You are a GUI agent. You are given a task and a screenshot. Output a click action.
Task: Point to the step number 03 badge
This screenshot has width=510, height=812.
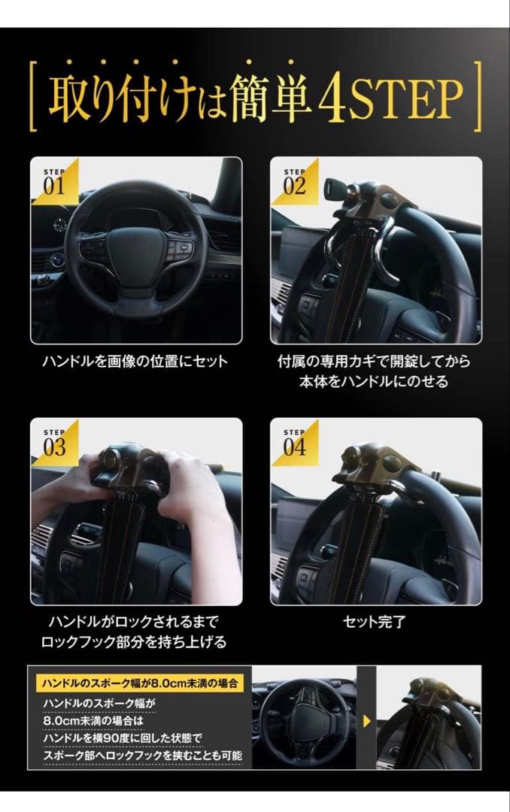(54, 444)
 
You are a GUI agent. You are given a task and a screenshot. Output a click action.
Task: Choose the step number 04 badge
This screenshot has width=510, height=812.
(294, 444)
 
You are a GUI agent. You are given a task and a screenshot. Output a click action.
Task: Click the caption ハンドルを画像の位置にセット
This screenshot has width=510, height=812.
(135, 362)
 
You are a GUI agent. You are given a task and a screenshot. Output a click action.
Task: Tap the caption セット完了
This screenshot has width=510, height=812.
(376, 623)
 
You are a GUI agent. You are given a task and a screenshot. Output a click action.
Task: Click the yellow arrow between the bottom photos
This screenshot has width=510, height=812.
(366, 721)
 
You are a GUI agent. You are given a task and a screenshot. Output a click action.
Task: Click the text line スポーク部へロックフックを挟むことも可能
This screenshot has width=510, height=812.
(143, 754)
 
